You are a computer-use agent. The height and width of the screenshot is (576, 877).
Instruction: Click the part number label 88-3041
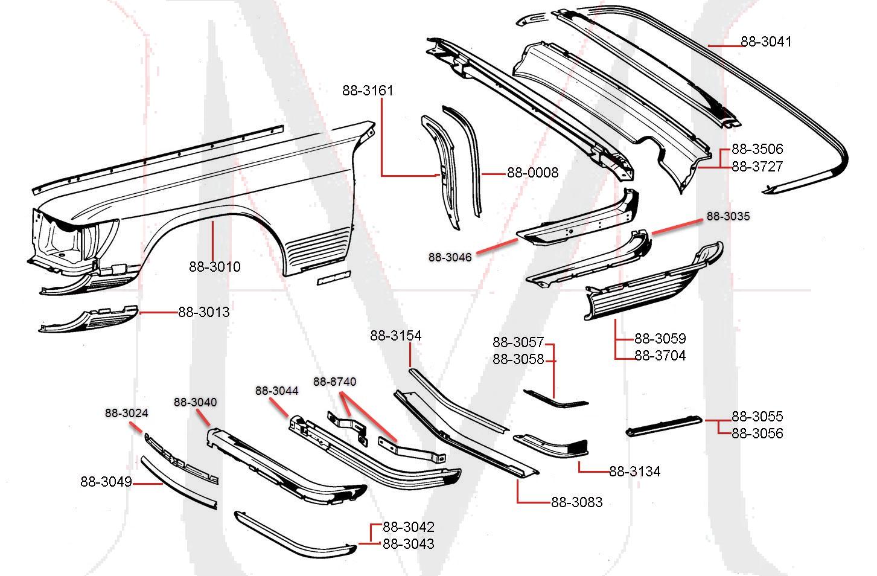(x=765, y=42)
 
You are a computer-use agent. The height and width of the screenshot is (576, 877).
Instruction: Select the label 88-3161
(x=368, y=91)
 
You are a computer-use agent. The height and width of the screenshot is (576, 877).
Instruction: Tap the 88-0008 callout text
(x=532, y=173)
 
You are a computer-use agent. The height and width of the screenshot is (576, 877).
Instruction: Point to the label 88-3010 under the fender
(x=214, y=266)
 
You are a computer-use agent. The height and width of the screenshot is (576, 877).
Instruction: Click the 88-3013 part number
(x=203, y=312)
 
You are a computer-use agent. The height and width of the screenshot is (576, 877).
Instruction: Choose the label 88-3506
(x=757, y=149)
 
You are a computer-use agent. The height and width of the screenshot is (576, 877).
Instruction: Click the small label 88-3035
(x=728, y=216)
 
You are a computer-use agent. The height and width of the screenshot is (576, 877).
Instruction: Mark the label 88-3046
(x=450, y=257)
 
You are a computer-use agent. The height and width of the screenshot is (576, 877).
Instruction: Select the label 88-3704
(x=660, y=356)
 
